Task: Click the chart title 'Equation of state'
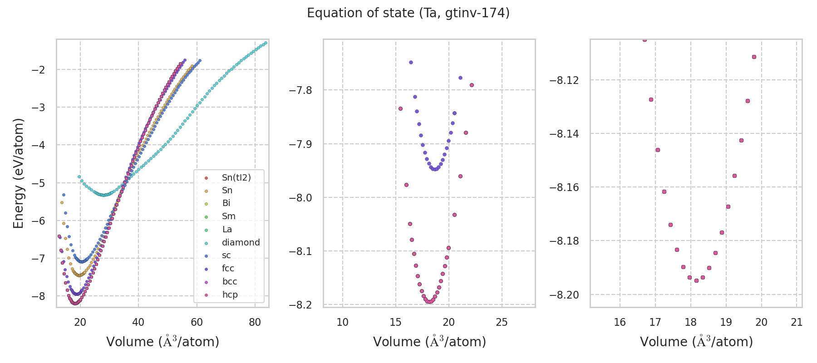(408, 13)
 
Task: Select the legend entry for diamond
(241, 243)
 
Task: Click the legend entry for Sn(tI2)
(236, 177)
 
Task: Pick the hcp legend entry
(230, 295)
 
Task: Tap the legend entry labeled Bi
(226, 203)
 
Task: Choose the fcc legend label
(228, 269)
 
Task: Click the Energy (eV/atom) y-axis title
(18, 173)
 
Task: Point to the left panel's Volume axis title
(162, 342)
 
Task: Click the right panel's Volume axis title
(696, 342)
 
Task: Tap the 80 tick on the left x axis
(255, 323)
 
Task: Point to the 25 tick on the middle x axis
(502, 323)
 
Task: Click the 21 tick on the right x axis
(797, 323)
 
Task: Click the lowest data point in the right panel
(696, 280)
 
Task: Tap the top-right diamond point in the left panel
(266, 43)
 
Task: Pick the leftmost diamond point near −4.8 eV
(79, 177)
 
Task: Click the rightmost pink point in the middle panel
(472, 85)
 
